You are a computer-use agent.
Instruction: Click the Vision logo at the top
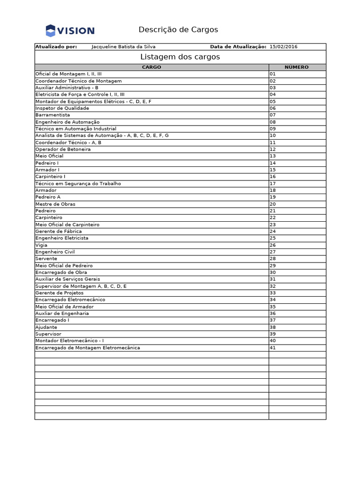tap(70, 31)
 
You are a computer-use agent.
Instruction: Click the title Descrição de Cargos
tap(178, 30)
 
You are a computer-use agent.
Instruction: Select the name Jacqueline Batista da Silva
tap(123, 47)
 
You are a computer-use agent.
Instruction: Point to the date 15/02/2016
tap(283, 47)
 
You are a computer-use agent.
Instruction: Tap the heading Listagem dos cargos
tap(180, 57)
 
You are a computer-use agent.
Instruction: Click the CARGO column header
tap(151, 67)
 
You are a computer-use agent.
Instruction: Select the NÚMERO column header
tap(296, 67)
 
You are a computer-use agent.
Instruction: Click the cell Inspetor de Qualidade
tap(62, 108)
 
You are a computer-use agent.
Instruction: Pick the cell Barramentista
tap(52, 115)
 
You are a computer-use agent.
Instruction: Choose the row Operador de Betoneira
tap(63, 149)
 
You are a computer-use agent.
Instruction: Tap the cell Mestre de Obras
tap(55, 204)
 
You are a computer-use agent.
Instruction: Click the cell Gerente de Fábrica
tap(58, 231)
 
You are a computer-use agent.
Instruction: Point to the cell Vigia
tap(41, 245)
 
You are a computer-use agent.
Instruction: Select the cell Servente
tap(46, 259)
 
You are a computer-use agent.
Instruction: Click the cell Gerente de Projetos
tap(59, 293)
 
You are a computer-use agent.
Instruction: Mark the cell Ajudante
tap(46, 327)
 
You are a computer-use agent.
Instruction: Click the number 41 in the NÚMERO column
tap(272, 348)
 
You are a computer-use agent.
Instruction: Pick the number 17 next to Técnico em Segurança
tap(272, 183)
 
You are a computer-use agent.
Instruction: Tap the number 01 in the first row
tap(272, 74)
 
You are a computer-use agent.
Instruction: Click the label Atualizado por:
tap(56, 47)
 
